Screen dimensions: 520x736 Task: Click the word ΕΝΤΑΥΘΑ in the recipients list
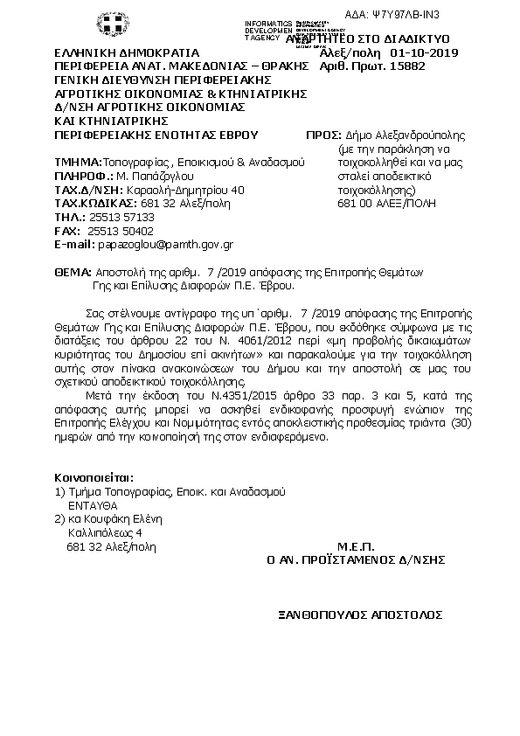[92, 505]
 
